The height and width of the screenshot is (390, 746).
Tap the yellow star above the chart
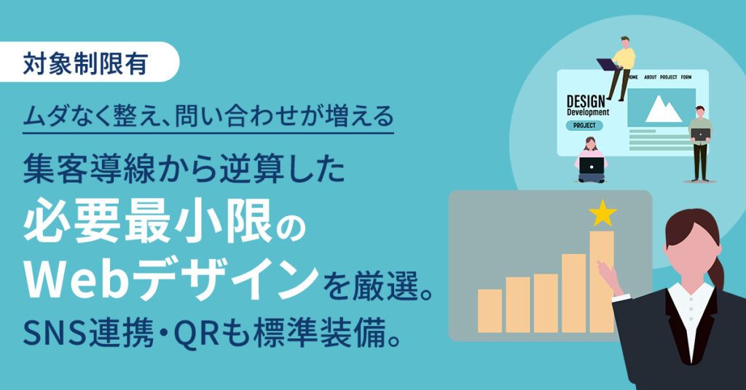point(602,214)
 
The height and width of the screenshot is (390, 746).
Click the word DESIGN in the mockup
point(586,100)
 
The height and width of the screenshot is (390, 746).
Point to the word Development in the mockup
point(588,113)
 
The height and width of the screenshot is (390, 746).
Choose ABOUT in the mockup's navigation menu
point(651,77)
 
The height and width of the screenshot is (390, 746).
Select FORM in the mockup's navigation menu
point(686,77)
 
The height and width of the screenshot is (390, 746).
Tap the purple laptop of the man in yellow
point(608,63)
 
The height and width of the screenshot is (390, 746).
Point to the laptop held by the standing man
point(700,134)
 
